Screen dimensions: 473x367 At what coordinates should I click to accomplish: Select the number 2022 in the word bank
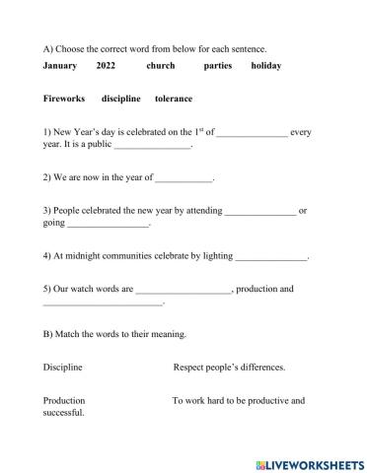pos(107,66)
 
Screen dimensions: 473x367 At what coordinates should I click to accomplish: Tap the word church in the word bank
pos(160,66)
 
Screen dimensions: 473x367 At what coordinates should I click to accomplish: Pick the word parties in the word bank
pos(218,66)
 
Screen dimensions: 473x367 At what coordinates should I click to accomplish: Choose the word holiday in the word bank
pos(266,66)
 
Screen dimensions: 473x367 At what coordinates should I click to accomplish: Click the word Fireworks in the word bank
pos(65,99)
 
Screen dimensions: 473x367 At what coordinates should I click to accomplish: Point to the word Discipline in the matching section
pos(63,368)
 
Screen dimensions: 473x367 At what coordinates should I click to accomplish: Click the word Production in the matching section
pos(64,401)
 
